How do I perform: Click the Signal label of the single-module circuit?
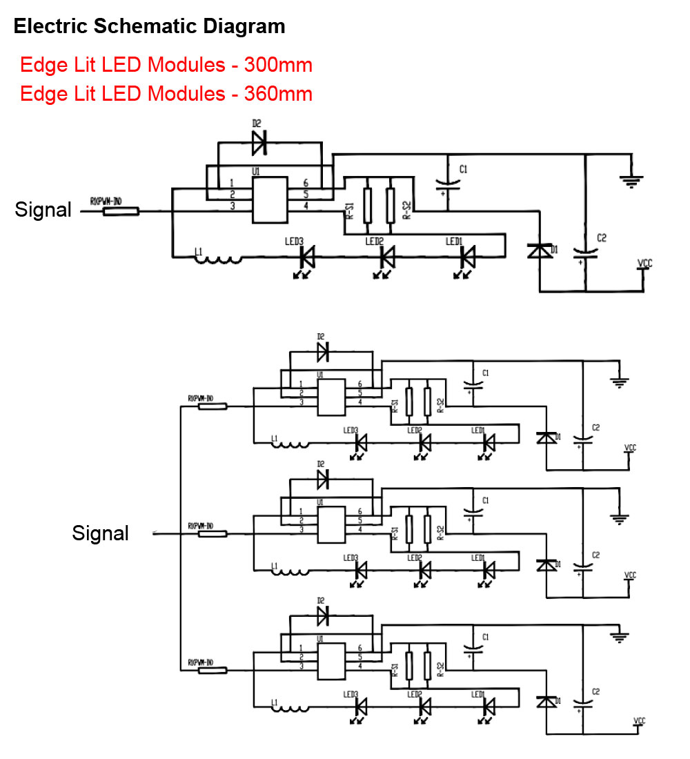[43, 210]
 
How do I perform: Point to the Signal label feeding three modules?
[100, 533]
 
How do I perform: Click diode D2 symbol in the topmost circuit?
[259, 143]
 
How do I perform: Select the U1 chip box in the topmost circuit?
[269, 199]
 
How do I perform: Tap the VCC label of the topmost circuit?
[644, 264]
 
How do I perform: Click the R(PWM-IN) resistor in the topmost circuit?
[121, 211]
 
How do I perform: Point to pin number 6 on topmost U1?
[305, 184]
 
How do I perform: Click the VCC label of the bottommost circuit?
[640, 721]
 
